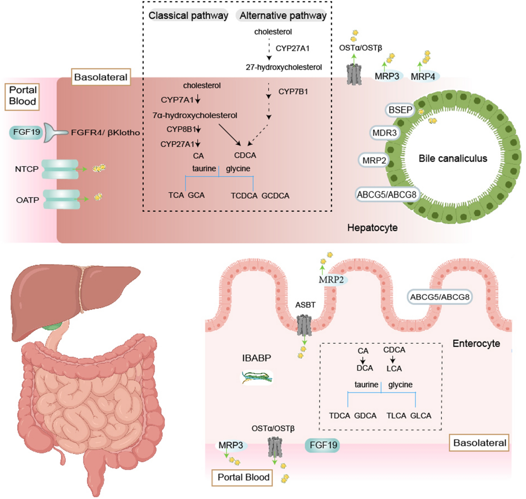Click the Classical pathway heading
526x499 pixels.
coord(188,15)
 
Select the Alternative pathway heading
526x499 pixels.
coord(283,15)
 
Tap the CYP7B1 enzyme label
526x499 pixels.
coord(293,92)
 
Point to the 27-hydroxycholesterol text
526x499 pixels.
coord(284,67)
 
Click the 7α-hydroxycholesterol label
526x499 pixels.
coord(195,115)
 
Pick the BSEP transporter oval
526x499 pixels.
coord(400,110)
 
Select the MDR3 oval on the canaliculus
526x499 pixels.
coord(384,132)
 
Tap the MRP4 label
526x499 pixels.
coord(423,77)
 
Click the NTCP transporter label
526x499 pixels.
coord(26,169)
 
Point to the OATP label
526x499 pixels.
coord(27,200)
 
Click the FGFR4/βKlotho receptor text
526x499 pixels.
coord(105,132)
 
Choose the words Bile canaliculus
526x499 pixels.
coord(453,158)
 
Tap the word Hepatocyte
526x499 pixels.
coord(372,228)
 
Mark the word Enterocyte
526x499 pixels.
coord(476,343)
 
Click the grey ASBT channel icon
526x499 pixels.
coord(304,325)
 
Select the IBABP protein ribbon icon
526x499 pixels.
coord(257,378)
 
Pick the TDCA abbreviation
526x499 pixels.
coord(340,416)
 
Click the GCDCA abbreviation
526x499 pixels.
coord(275,196)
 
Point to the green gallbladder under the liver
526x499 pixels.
coord(55,326)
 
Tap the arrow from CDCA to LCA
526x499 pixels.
coord(392,359)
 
